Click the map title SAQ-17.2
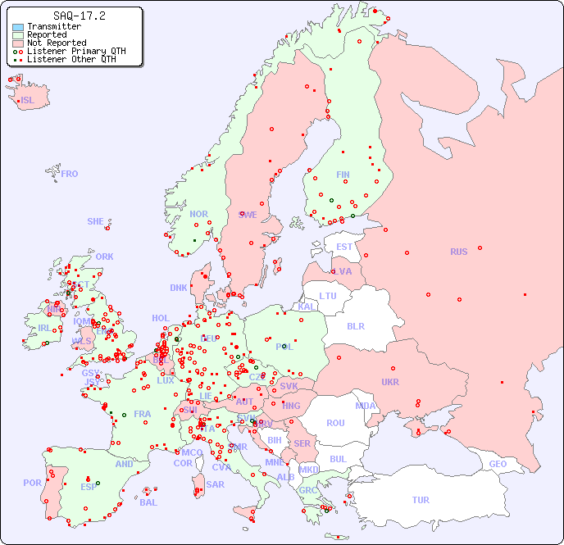(x=79, y=16)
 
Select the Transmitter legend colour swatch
(x=18, y=27)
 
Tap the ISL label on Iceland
(x=28, y=101)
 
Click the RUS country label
(x=458, y=252)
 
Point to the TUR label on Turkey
(x=421, y=500)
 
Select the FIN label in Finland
(x=343, y=175)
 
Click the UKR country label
(x=390, y=382)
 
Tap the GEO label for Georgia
(x=498, y=464)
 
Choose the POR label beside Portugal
(x=32, y=483)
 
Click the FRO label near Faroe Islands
(x=70, y=174)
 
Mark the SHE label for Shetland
(x=96, y=221)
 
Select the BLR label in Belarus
(x=355, y=325)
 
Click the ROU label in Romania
(x=335, y=423)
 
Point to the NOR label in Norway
(x=198, y=214)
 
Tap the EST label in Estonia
(x=344, y=247)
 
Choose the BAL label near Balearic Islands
(x=148, y=502)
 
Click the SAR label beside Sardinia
(x=215, y=484)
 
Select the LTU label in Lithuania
(x=328, y=296)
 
